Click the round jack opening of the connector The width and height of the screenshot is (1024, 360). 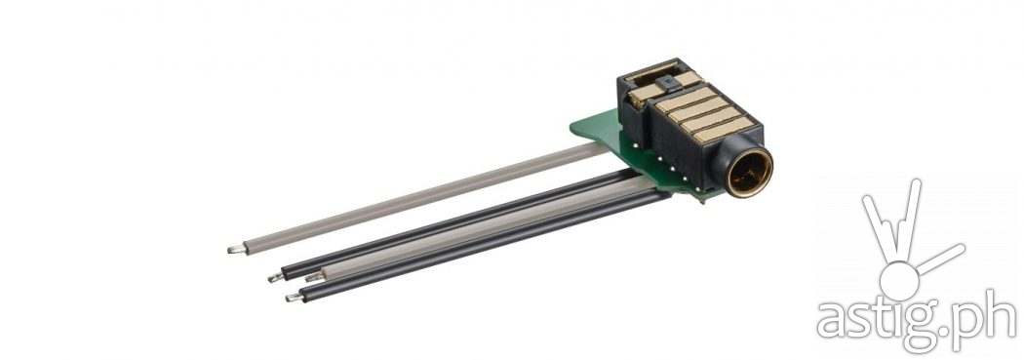(748, 173)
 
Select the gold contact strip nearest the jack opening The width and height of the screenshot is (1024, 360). (724, 130)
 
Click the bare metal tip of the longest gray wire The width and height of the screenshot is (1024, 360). (236, 248)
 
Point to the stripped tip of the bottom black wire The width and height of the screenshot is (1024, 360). (294, 298)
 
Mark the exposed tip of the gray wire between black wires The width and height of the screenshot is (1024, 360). (314, 278)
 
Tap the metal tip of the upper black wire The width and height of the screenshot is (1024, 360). (276, 277)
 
